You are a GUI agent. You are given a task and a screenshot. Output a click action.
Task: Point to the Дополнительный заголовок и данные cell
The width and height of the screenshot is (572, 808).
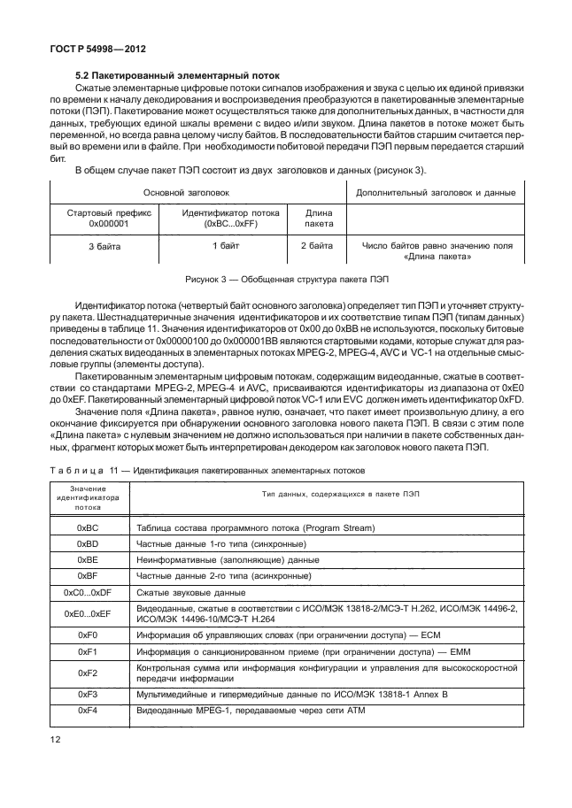pyautogui.click(x=436, y=191)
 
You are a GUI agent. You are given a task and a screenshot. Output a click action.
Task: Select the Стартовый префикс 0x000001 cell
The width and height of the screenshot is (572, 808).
pyautogui.click(x=109, y=219)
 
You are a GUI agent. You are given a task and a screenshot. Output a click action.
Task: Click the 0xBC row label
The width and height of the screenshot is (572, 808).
pyautogui.click(x=87, y=527)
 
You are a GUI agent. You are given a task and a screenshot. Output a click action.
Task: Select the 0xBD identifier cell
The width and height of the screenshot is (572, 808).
pyautogui.click(x=87, y=543)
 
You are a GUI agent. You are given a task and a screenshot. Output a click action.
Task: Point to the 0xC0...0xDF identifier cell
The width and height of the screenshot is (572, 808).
pyautogui.click(x=87, y=591)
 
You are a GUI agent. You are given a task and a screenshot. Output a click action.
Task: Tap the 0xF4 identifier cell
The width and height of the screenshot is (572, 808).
pyautogui.click(x=87, y=712)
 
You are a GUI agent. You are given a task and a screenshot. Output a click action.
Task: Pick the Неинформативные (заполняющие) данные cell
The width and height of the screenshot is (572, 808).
pyautogui.click(x=228, y=559)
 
